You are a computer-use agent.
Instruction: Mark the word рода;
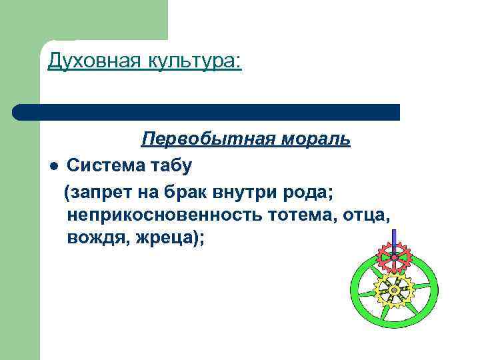[x=313, y=193]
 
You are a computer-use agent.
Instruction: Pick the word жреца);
[x=173, y=238]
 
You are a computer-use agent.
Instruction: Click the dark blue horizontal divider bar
[x=207, y=112]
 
